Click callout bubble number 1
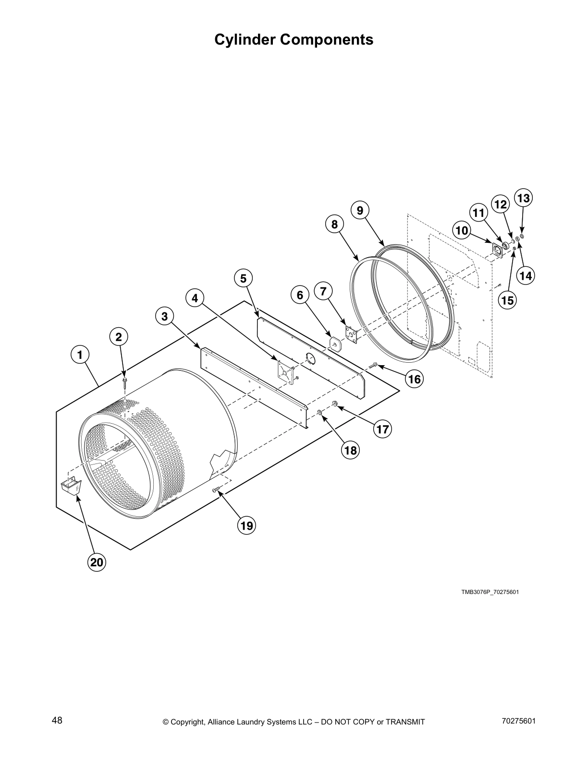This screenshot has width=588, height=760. pos(80,355)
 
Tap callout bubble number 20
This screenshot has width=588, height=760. pos(97,562)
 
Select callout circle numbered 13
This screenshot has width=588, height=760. pos(523,198)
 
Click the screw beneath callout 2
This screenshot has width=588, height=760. pos(124,381)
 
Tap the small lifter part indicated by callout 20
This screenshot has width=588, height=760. pos(71,487)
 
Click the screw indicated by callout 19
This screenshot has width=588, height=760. pos(216,489)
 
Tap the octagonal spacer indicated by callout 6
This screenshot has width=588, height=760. pos(335,344)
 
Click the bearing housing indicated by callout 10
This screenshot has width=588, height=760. pos(496,250)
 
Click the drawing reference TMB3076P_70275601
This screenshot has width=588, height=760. pos(490,592)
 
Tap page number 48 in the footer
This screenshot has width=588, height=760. pos(57,721)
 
